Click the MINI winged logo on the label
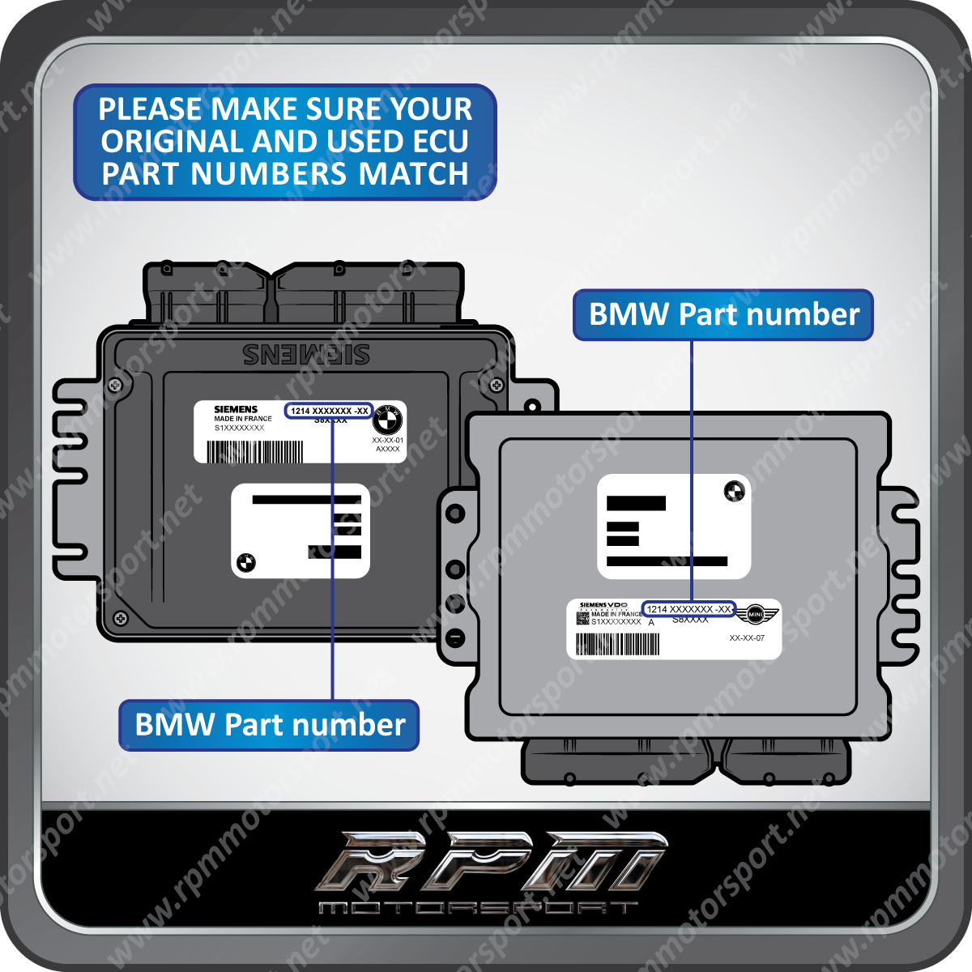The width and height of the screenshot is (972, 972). coord(755,615)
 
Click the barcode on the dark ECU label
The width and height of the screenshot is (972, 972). coord(254,451)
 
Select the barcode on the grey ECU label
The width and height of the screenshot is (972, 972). coord(617,644)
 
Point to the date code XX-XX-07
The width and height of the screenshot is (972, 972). coord(747,638)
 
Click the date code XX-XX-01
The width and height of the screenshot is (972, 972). coord(388,440)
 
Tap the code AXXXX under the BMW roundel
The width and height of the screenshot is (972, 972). coord(388,449)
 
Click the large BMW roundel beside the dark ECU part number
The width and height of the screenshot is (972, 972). coord(388,419)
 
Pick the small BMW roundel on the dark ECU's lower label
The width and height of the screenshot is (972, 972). coord(246,562)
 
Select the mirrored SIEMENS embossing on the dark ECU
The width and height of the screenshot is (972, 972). coord(306,354)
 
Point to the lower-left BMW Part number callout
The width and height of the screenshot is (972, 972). coord(270,724)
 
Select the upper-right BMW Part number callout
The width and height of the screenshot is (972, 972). coord(723,314)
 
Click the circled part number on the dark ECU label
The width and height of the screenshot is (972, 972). coord(329,411)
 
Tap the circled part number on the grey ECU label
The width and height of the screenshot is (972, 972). coord(688,609)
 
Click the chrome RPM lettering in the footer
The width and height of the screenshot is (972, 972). coord(490,861)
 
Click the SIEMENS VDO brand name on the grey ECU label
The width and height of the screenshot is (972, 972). coord(603,605)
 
